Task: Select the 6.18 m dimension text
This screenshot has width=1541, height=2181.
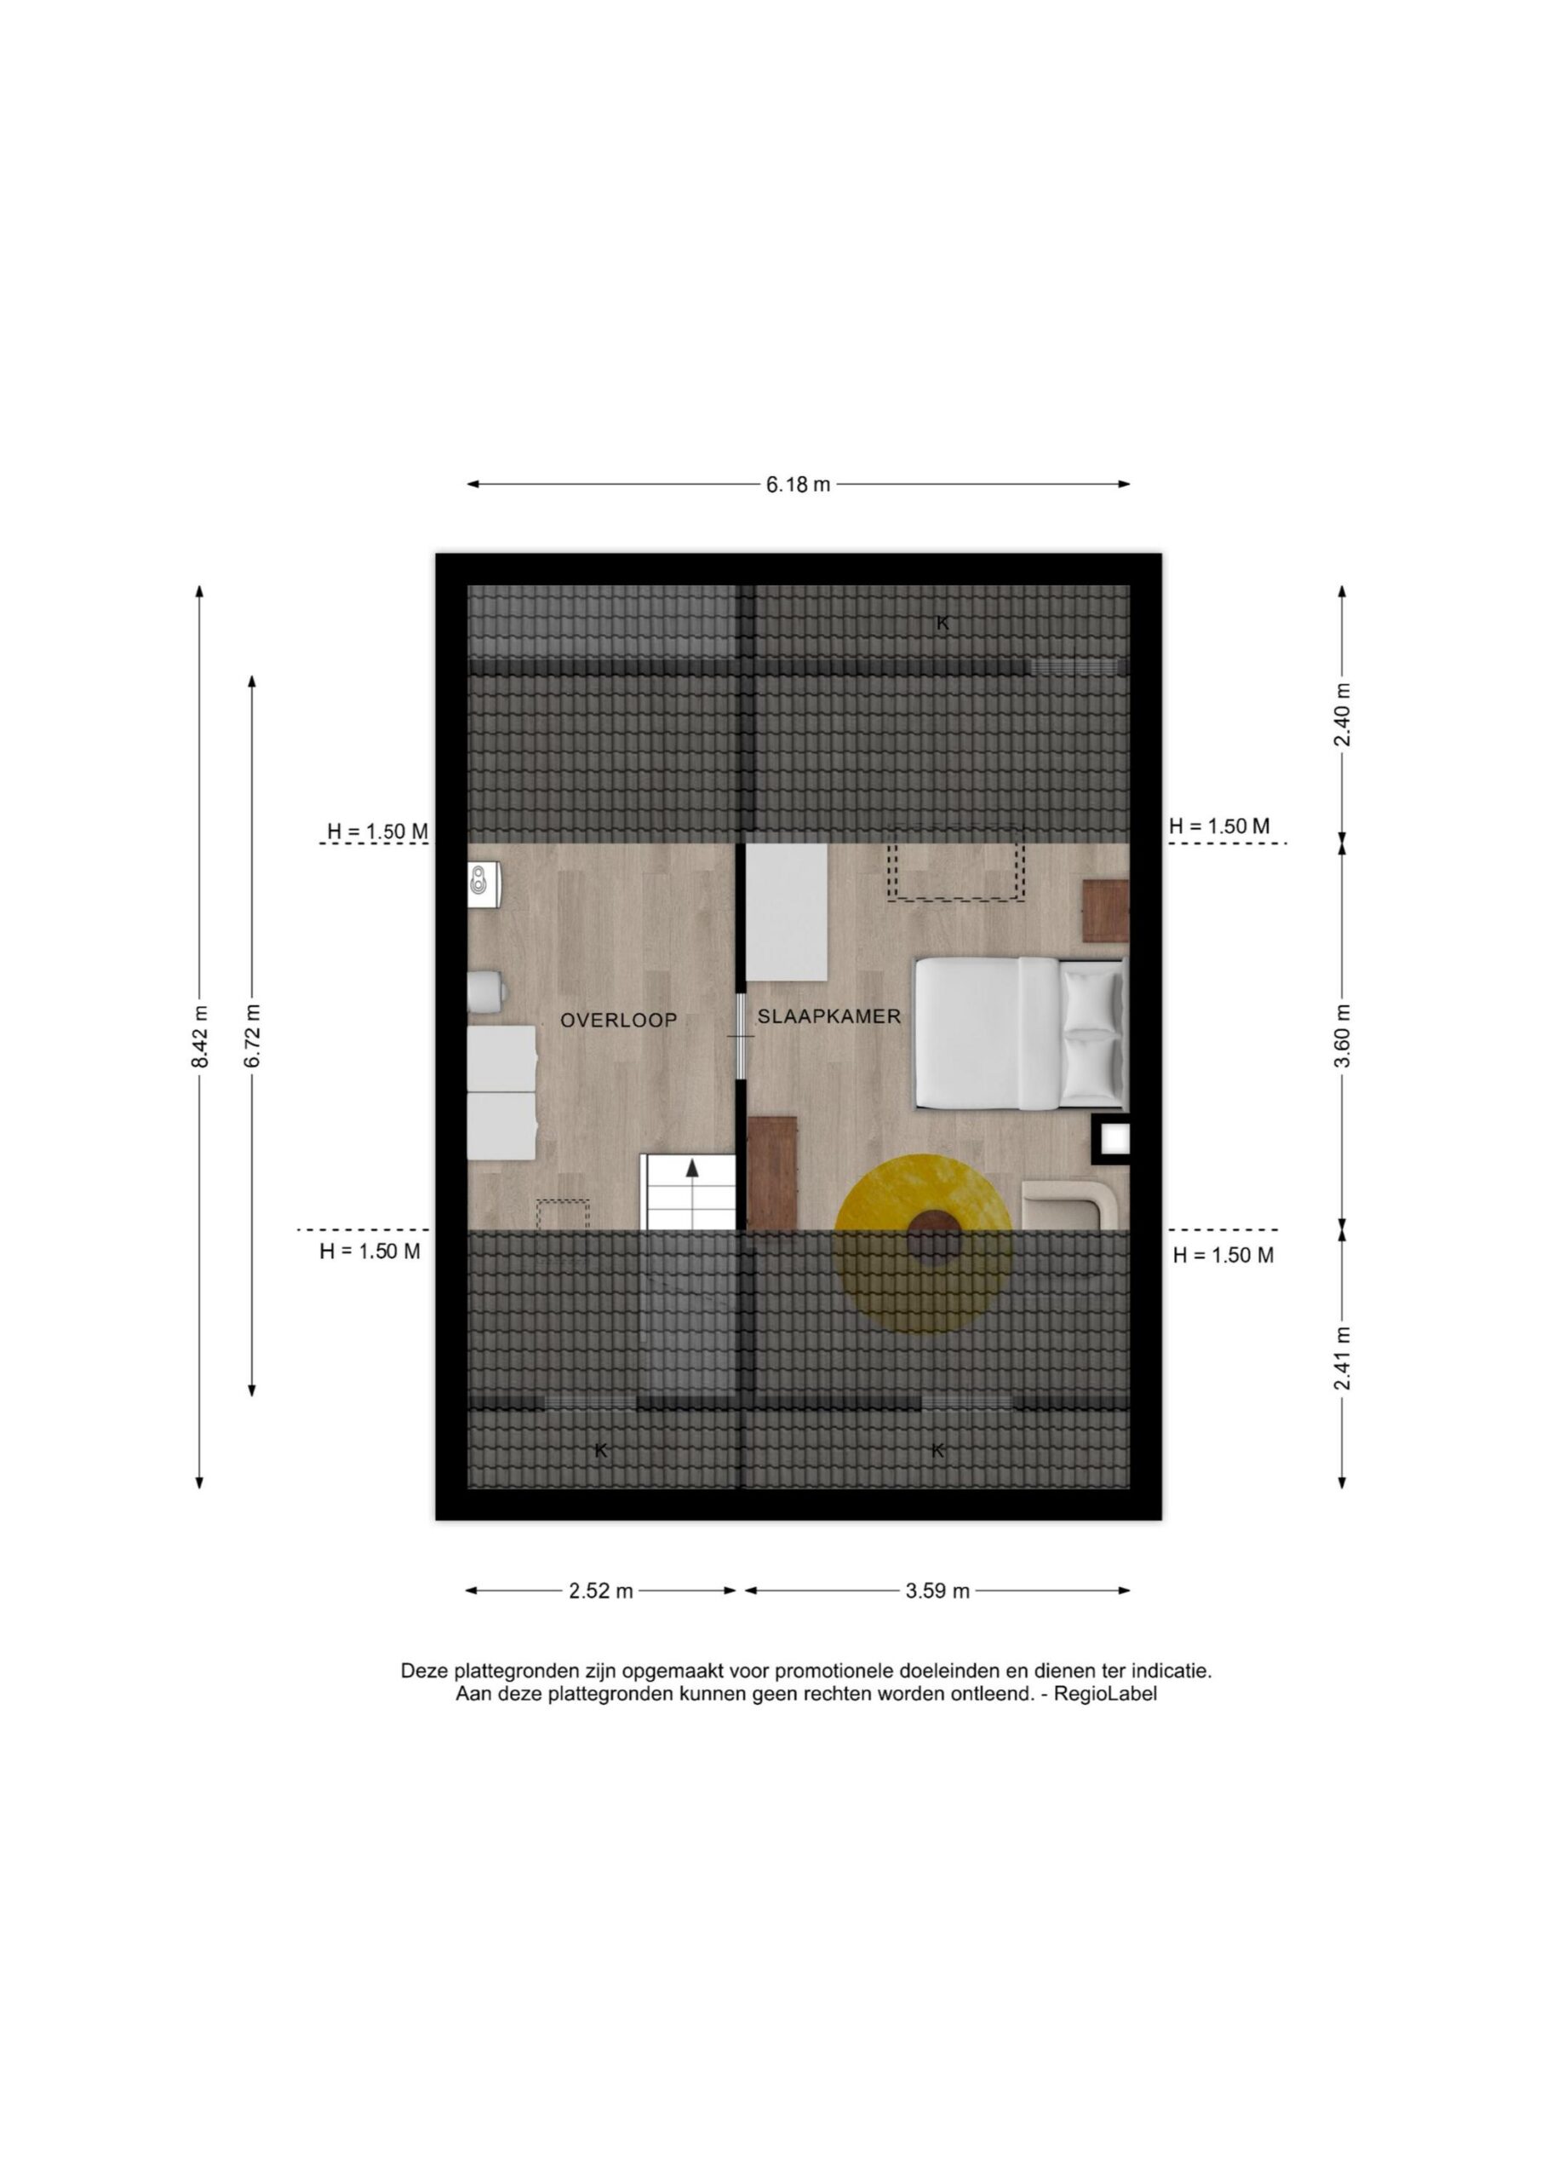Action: point(799,485)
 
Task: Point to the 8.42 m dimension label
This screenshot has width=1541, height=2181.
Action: point(199,1036)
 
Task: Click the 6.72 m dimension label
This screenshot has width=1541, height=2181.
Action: point(252,1035)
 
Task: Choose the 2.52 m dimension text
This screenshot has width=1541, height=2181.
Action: point(601,1591)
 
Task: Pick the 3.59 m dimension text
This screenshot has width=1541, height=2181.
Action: point(937,1591)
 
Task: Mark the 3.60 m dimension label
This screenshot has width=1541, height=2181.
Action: point(1343,1035)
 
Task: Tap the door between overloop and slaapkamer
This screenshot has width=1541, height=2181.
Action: point(741,1036)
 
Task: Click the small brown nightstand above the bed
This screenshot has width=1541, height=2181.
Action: point(1106,910)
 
